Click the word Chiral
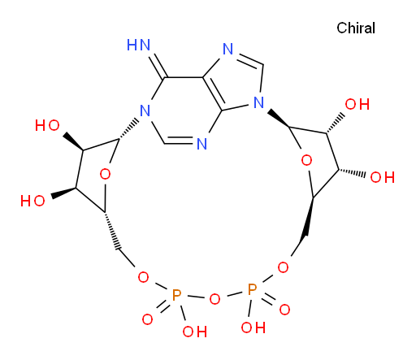356,28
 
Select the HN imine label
138,45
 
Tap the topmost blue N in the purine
227,49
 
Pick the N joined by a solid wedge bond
259,102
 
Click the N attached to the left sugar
145,111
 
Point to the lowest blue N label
201,144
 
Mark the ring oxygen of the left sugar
105,174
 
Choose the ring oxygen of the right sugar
306,161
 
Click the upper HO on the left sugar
47,126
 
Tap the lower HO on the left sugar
32,201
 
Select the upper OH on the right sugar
357,104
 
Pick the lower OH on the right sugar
383,177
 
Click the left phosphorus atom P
176,295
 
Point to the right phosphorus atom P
253,289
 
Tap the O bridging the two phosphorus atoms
214,299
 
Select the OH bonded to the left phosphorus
195,332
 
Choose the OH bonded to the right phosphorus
253,327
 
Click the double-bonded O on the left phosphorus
148,319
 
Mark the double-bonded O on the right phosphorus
284,310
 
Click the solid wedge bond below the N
279,118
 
